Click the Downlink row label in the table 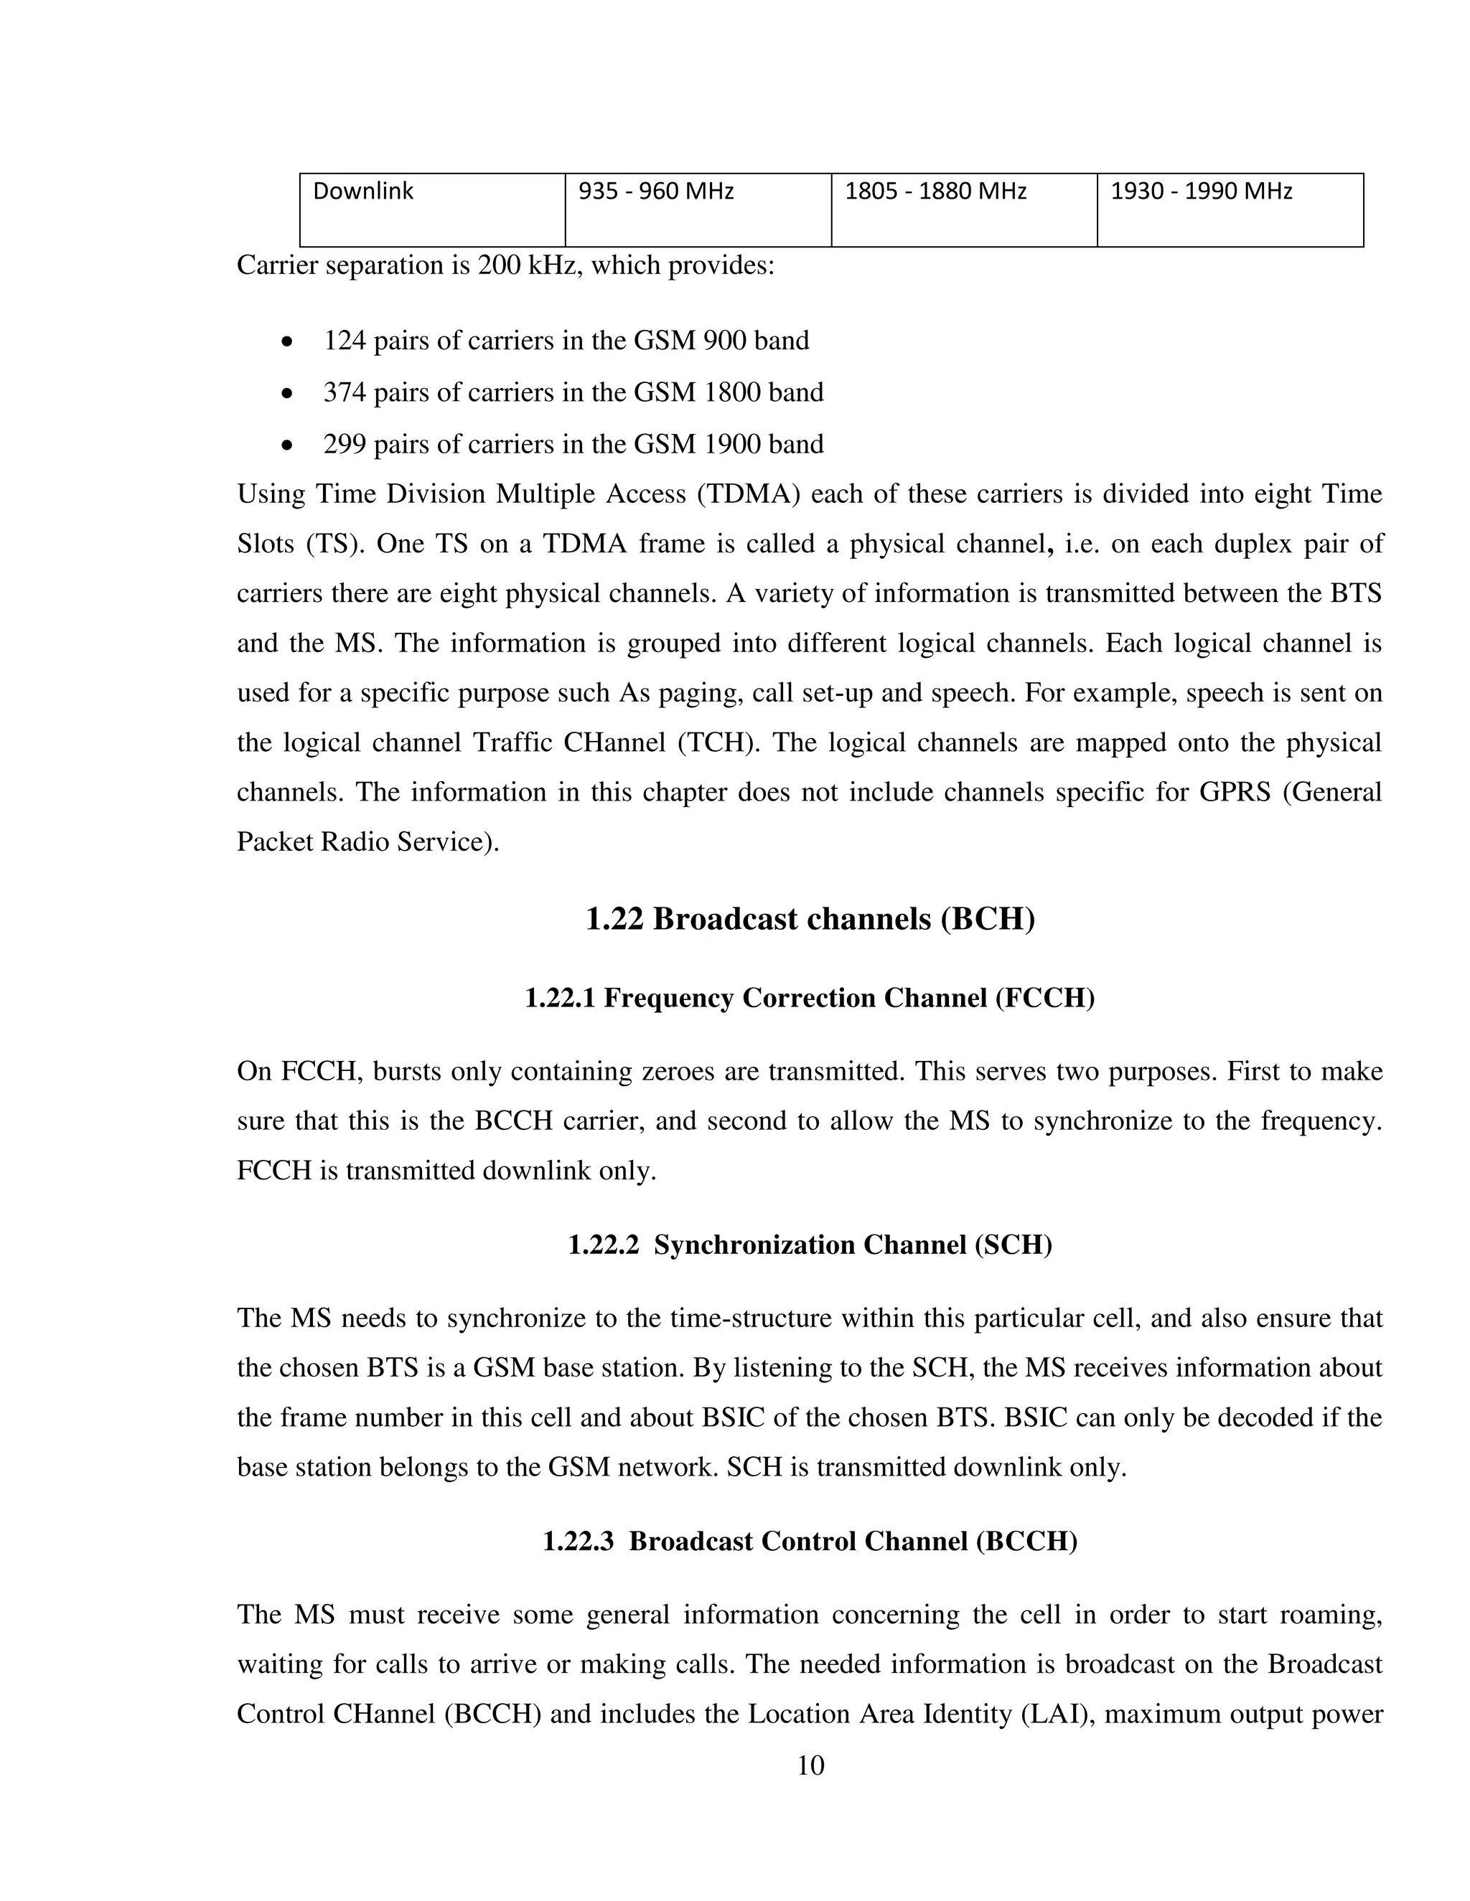pos(362,192)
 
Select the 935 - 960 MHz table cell pos(656,192)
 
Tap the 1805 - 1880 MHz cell pos(935,192)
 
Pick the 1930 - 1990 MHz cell pos(1201,192)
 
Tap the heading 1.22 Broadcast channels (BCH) pos(810,919)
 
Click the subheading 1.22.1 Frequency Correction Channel pos(810,998)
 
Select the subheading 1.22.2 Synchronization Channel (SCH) pos(810,1245)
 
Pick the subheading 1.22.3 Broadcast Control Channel pos(810,1542)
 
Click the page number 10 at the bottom pos(810,1766)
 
